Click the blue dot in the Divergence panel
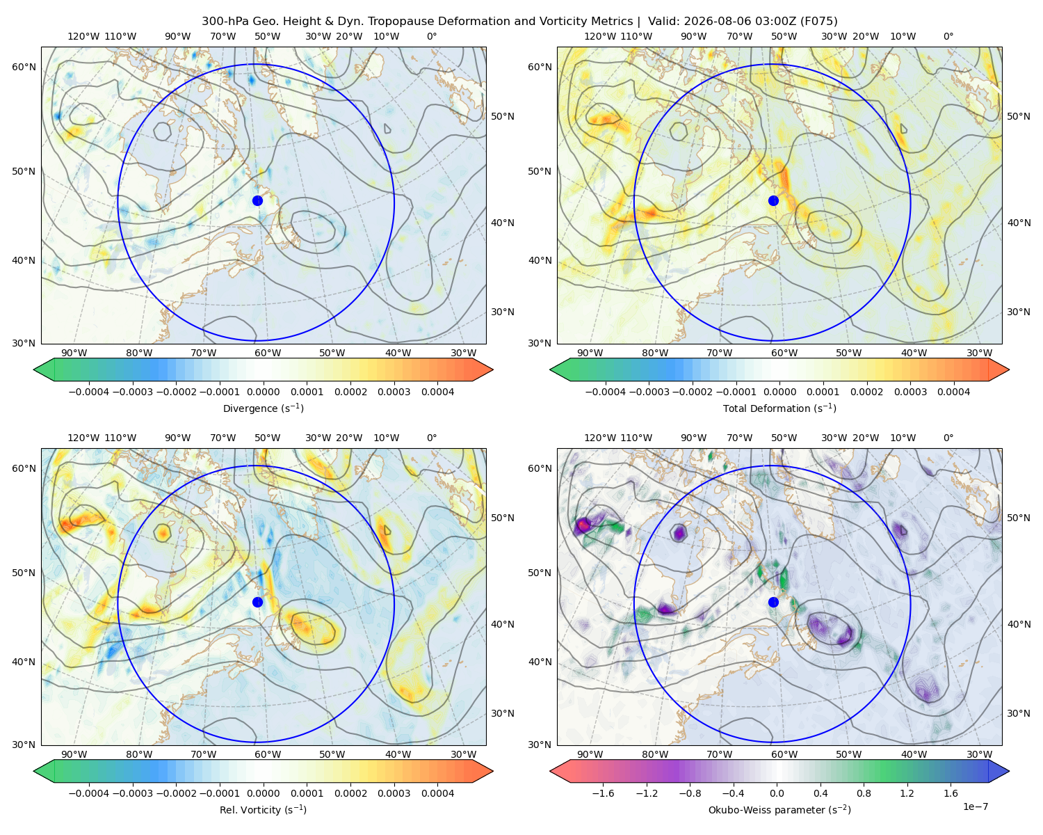click(257, 201)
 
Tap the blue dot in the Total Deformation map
click(773, 201)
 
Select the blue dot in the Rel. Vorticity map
click(257, 602)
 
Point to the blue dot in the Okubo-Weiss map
click(773, 602)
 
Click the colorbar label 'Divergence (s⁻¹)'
click(263, 408)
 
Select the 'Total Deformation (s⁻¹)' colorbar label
click(779, 408)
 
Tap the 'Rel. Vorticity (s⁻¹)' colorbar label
click(263, 810)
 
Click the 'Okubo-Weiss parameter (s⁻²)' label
click(779, 810)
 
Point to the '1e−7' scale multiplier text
click(975, 806)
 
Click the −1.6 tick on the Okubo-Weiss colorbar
click(603, 793)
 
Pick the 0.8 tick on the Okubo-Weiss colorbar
click(864, 793)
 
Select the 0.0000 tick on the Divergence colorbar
click(263, 392)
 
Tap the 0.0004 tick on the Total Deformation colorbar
click(954, 392)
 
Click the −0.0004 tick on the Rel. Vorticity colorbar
click(89, 793)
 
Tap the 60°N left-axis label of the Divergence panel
click(24, 67)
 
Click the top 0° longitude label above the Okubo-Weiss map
click(948, 438)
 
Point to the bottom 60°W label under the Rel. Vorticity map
click(268, 754)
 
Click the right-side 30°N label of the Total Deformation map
click(1019, 312)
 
